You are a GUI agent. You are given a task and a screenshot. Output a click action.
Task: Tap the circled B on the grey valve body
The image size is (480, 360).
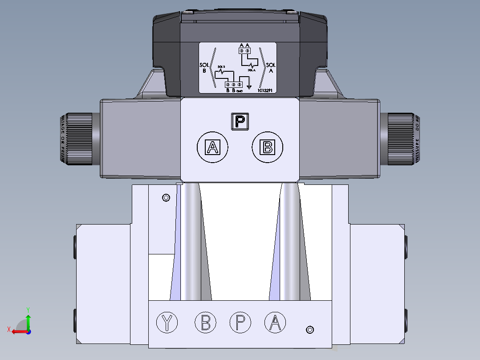[268, 147]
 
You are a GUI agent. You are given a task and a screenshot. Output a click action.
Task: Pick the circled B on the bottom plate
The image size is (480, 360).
[205, 322]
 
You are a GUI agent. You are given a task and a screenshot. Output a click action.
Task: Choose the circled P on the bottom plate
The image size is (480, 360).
[240, 322]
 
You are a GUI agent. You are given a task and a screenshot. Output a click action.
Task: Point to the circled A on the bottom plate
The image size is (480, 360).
[275, 322]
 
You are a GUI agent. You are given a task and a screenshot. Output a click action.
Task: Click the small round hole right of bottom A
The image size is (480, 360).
[310, 330]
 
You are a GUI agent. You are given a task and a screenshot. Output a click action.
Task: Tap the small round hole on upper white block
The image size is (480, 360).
[166, 197]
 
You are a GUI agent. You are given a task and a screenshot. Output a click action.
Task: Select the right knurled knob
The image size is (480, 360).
[403, 139]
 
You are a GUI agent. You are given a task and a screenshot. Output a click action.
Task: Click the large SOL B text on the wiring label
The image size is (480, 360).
[204, 67]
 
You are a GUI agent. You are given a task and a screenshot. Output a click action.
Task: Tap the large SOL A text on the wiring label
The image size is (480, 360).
[271, 67]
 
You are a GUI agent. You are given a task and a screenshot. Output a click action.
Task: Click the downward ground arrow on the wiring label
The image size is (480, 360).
[249, 84]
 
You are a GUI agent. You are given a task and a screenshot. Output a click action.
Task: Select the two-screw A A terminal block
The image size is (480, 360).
[244, 51]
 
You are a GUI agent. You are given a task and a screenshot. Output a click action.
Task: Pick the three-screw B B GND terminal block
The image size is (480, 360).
[233, 84]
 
